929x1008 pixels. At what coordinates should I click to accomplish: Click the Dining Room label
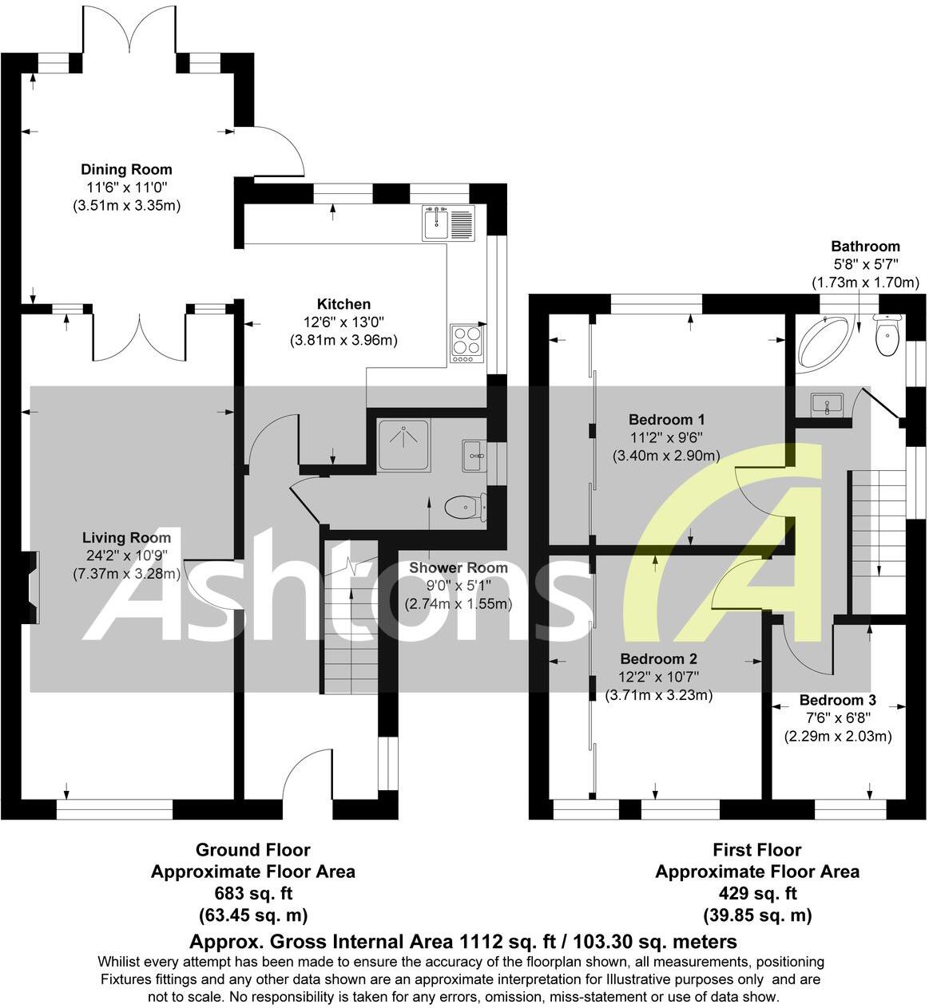tap(126, 169)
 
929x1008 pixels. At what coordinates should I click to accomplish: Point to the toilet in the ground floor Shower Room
tap(464, 507)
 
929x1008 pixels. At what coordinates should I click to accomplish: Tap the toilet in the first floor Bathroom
tap(887, 336)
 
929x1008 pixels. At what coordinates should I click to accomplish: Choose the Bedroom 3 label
tap(837, 700)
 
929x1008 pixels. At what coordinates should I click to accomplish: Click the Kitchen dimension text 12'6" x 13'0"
tap(343, 322)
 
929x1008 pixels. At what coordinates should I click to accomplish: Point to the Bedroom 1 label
tap(666, 419)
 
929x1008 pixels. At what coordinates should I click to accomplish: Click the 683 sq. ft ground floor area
tap(252, 893)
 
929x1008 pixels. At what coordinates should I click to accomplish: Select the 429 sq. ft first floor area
tap(756, 893)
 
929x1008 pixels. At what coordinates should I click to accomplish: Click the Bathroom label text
tap(865, 247)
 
